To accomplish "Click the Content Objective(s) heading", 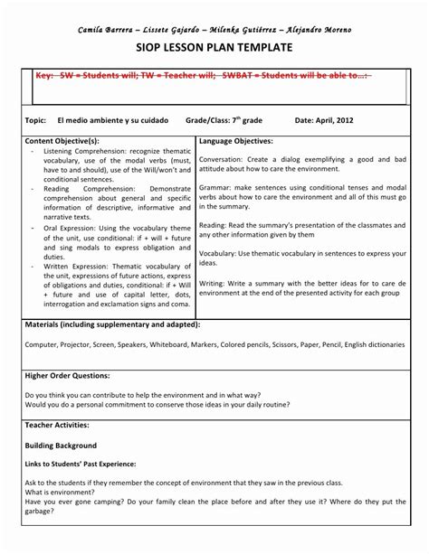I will (x=62, y=141).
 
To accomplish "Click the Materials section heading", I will (x=113, y=323).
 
